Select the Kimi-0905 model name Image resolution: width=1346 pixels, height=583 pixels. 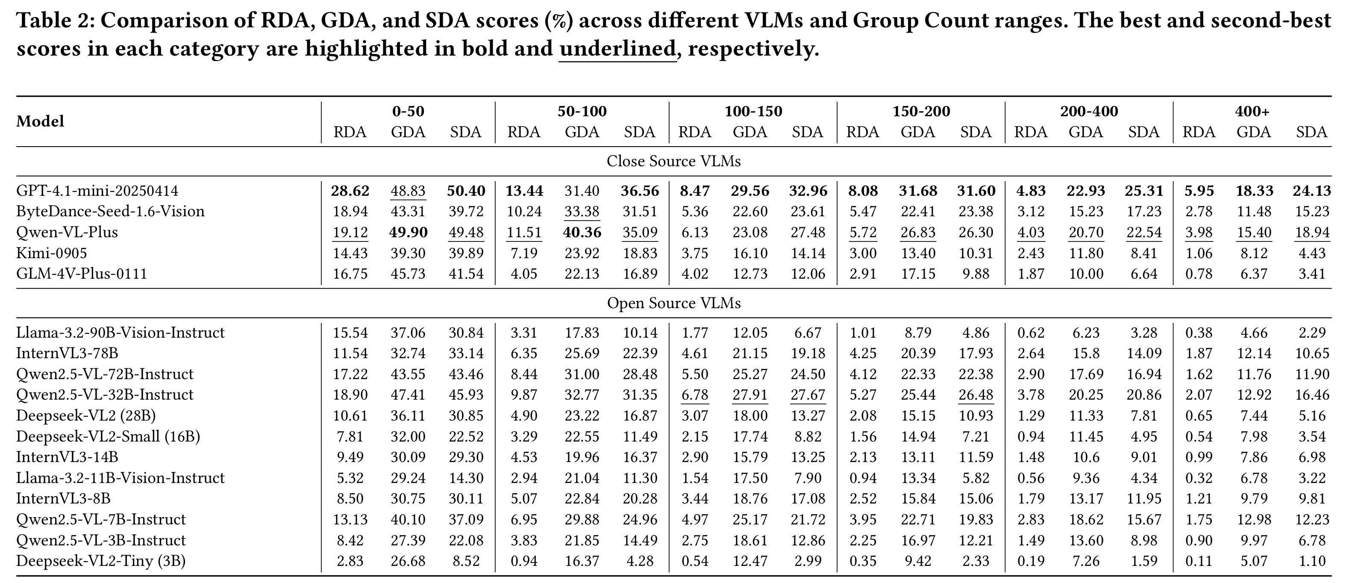[52, 253]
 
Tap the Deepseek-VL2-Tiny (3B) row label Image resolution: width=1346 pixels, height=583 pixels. [101, 561]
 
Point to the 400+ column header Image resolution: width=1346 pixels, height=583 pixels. [1252, 112]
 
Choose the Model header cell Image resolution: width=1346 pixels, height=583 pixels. [40, 121]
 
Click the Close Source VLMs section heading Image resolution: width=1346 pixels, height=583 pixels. [673, 161]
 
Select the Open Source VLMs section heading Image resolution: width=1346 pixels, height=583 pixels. [673, 303]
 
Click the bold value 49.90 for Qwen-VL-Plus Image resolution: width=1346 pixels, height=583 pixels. [408, 232]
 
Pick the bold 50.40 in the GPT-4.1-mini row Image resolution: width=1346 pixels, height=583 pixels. [466, 191]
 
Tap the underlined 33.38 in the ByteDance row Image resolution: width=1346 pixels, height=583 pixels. [582, 211]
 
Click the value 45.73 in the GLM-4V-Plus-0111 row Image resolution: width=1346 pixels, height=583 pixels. [408, 274]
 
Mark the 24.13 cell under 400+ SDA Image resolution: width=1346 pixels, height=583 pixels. [1311, 191]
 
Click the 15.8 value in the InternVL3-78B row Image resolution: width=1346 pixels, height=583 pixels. [1086, 353]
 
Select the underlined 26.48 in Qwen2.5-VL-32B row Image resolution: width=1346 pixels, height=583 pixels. [976, 395]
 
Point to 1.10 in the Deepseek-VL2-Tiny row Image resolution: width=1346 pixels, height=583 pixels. [1311, 561]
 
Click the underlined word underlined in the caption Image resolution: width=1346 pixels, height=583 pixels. [617, 49]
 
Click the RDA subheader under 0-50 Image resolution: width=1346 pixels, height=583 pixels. [350, 132]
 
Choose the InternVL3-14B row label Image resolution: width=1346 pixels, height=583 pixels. [67, 457]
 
